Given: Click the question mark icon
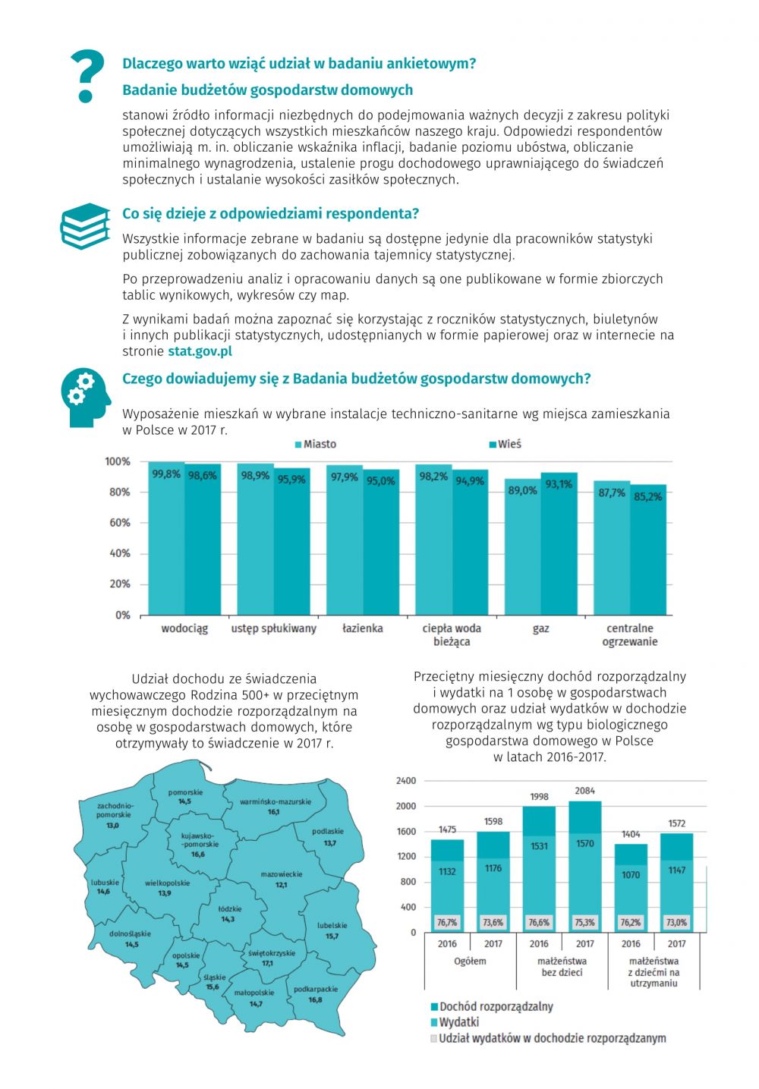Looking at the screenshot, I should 87,76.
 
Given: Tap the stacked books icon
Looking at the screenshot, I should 84,225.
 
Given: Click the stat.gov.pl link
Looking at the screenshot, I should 200,351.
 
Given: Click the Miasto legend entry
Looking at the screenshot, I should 319,444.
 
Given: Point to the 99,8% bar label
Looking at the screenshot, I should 166,474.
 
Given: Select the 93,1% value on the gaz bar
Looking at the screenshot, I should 559,484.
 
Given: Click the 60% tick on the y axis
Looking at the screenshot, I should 120,523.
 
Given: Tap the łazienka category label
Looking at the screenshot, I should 362,628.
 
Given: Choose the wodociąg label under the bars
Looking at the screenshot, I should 184,628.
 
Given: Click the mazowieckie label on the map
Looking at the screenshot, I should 281,874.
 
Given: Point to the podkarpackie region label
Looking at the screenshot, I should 315,990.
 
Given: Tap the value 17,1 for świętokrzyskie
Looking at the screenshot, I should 267,963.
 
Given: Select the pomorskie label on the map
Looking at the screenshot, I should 185,792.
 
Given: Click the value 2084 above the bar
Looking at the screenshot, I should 584,791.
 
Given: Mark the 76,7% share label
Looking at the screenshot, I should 447,923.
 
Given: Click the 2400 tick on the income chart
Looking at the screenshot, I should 406,781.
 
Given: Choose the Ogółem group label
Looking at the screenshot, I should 470,961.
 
